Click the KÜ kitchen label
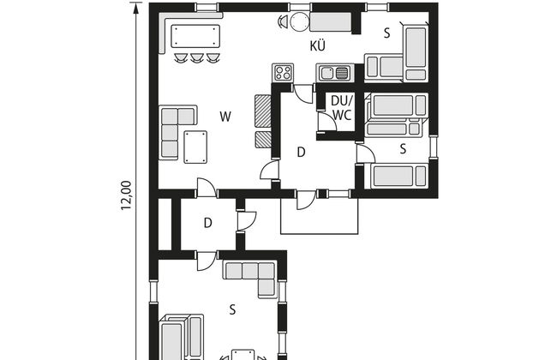[x=318, y=45]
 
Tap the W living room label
[x=225, y=117]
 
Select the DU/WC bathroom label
[x=341, y=108]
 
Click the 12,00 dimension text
[x=126, y=195]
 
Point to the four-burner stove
[x=283, y=73]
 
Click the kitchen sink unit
[x=335, y=73]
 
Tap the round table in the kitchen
[x=298, y=21]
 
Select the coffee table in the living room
[x=195, y=147]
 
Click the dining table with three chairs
[x=195, y=36]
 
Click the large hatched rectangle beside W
[x=263, y=111]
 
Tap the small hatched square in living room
[x=263, y=140]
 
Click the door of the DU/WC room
[x=326, y=122]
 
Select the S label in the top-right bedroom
[x=386, y=33]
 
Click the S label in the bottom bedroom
[x=232, y=309]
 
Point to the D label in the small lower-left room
[x=208, y=223]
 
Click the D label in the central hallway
[x=301, y=152]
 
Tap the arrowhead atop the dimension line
[x=135, y=8]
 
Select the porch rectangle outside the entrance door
[x=320, y=216]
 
